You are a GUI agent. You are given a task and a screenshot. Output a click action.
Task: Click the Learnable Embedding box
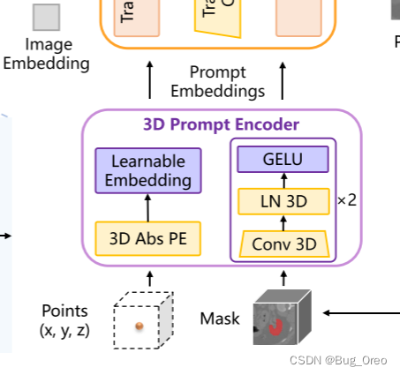coord(148,170)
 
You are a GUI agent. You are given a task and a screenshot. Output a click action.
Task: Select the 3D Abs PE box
coord(148,238)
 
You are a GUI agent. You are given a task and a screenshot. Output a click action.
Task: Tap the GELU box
coord(283,160)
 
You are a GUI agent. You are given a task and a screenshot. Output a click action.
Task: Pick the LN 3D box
coord(283,201)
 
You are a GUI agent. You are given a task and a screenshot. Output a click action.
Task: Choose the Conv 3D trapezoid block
coord(283,243)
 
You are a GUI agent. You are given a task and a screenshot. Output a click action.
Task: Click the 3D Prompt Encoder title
coord(222,124)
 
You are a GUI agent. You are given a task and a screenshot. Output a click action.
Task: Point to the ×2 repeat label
coord(347,200)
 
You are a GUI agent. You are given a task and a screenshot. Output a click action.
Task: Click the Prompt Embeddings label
coord(217,81)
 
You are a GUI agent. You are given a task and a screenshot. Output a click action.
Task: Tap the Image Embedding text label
coord(49,53)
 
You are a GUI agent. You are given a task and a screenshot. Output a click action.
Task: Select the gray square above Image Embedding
coord(47,17)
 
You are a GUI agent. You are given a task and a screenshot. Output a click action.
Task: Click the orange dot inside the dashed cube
coord(139,326)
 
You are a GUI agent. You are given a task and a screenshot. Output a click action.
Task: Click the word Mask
coord(220,318)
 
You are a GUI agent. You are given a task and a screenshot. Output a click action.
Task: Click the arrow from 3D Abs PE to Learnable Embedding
coord(148,207)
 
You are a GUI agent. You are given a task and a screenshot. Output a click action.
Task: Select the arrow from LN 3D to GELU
coord(283,181)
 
